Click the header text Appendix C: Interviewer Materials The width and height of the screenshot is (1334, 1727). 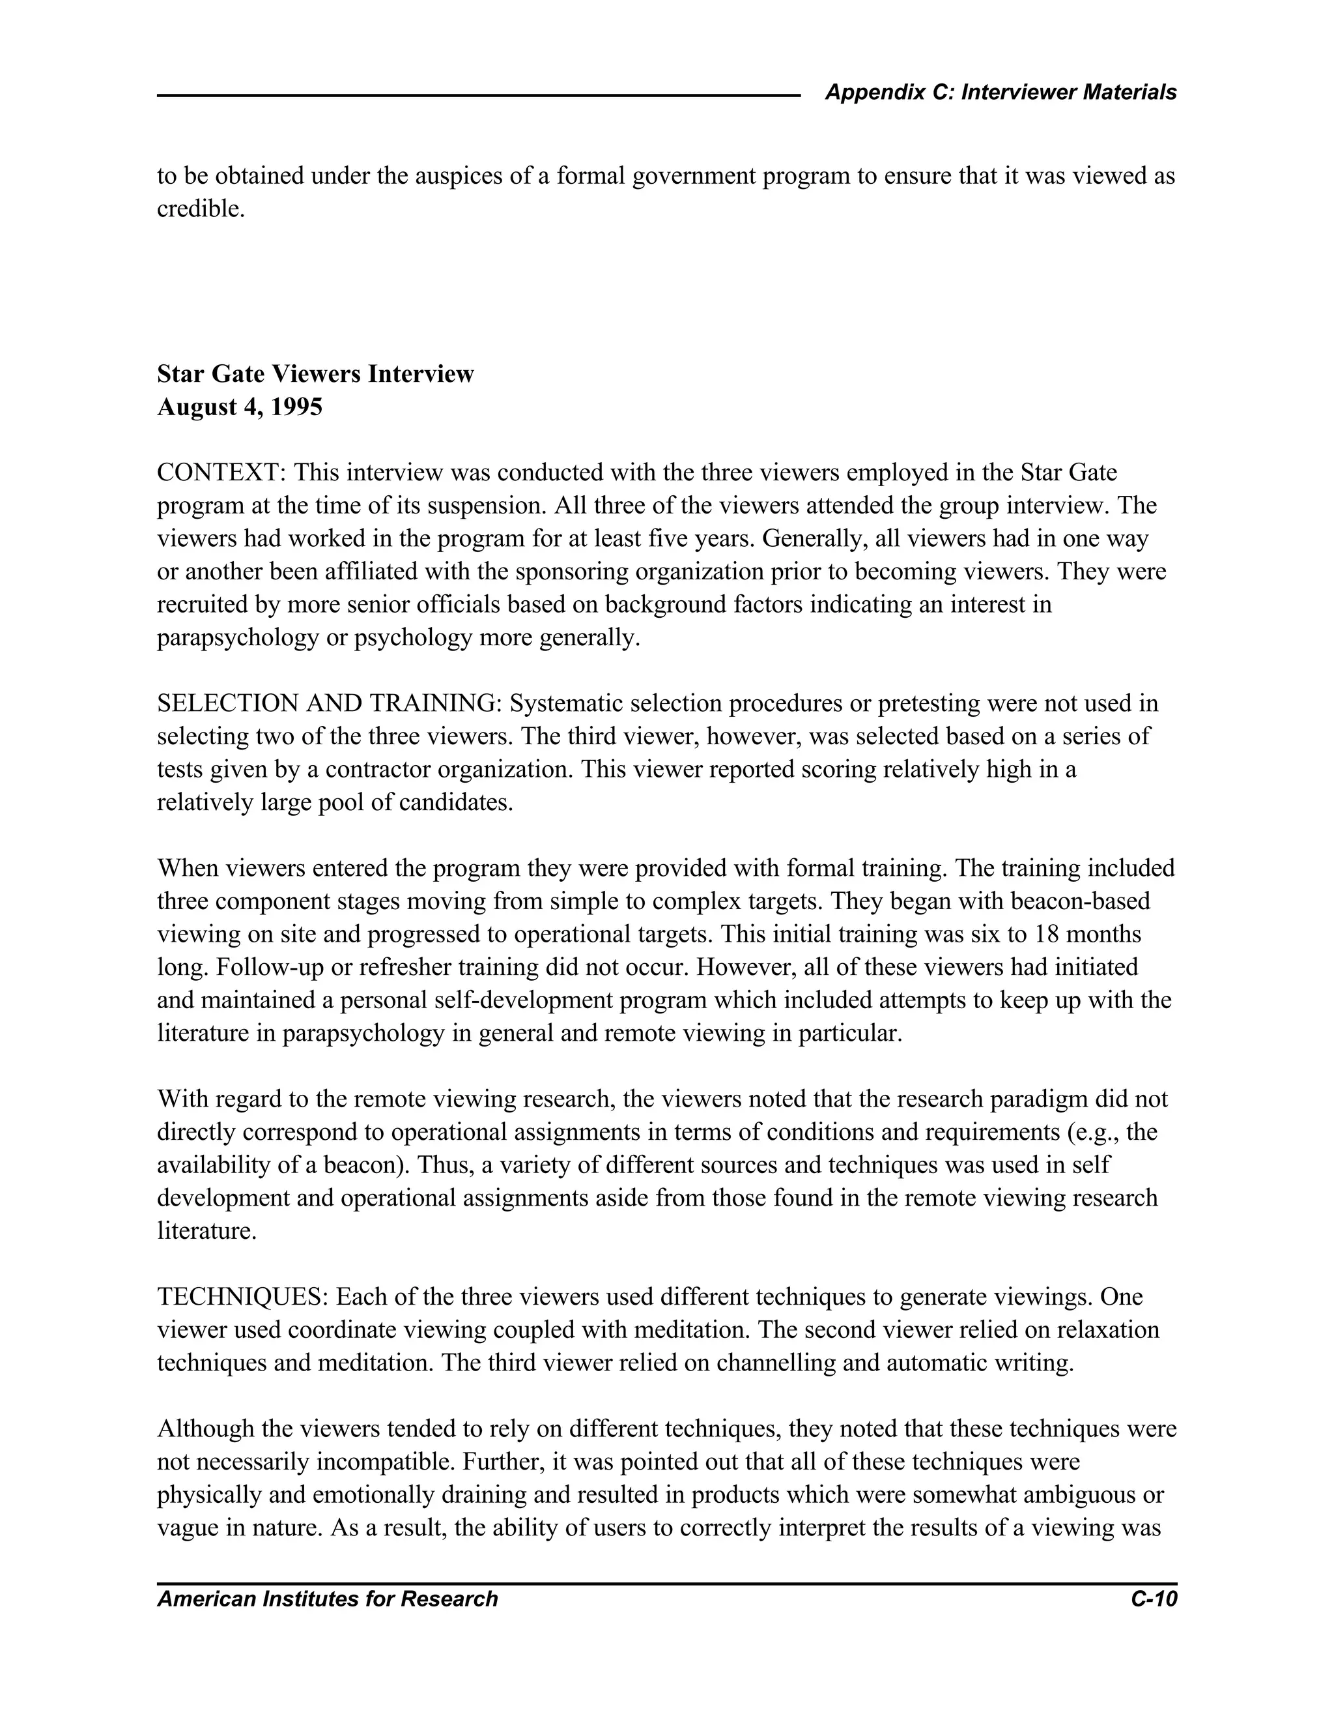pyautogui.click(x=1000, y=93)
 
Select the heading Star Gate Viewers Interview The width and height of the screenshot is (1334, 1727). pyautogui.click(x=315, y=373)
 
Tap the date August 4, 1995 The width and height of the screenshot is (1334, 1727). pyautogui.click(x=240, y=407)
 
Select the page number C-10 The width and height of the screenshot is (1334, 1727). pyautogui.click(x=1154, y=1599)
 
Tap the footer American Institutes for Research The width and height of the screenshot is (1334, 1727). pyautogui.click(x=327, y=1599)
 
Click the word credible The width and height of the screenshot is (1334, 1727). pyautogui.click(x=201, y=210)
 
